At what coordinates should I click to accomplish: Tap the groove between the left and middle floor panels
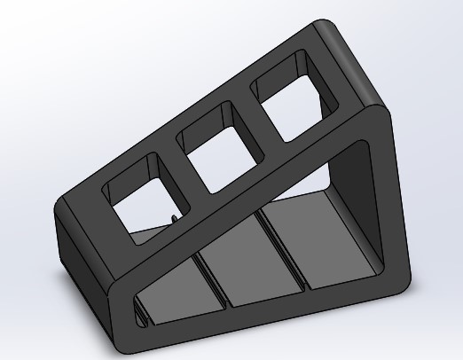coord(213,284)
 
